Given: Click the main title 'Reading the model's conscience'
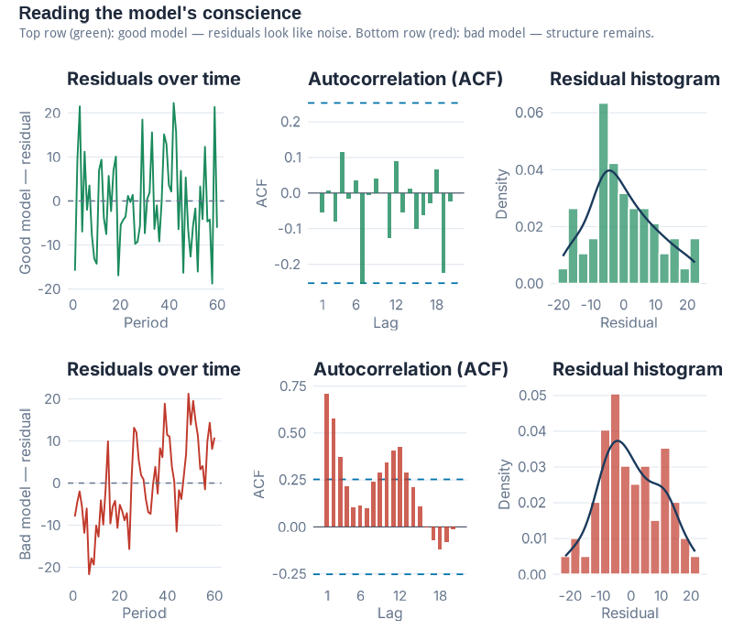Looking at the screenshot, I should point(159,14).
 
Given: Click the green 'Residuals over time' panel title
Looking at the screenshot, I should point(154,80).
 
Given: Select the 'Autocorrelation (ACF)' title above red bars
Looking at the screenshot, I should point(410,369).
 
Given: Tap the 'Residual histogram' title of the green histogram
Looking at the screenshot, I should point(635,80).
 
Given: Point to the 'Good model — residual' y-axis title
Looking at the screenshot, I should point(26,192).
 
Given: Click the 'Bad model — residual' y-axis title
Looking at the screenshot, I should point(26,483).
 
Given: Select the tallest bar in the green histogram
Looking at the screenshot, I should point(603,192).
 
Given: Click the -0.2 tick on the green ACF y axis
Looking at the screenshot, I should point(290,264).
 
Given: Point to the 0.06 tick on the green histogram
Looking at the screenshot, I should point(531,113).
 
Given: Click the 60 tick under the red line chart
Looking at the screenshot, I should point(214,596).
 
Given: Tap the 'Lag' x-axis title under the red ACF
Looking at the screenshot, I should point(389,613).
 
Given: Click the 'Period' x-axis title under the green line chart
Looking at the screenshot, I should point(145,321).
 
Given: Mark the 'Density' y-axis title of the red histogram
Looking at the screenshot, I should point(504,483).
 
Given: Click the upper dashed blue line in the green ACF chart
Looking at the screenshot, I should point(385,103).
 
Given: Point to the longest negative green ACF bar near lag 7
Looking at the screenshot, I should point(363,238).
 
